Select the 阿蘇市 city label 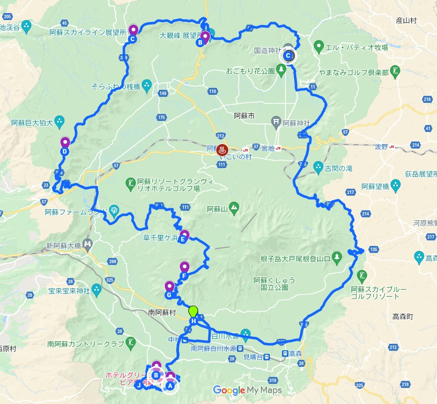point(245,116)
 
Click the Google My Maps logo point(247,390)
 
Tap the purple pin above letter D point(65,143)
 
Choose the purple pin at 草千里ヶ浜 point(184,234)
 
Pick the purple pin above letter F point(185,267)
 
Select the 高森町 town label point(403,317)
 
